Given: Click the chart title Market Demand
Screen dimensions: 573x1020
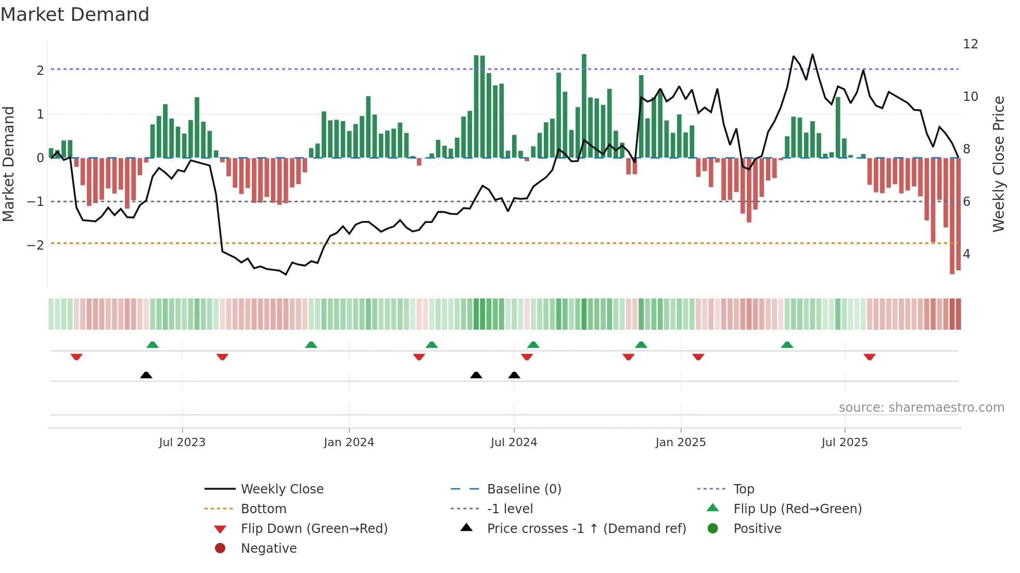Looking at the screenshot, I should (x=75, y=15).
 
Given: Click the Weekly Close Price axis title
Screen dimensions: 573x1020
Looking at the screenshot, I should (x=998, y=164).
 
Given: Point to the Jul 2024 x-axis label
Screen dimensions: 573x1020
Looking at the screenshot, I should (x=514, y=442).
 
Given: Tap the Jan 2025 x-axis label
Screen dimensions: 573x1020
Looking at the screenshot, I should (x=680, y=442).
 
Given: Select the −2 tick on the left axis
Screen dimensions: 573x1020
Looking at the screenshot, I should (x=35, y=245).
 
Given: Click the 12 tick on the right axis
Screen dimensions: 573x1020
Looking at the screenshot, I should (x=971, y=44).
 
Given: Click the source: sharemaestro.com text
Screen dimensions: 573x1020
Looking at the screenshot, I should (x=921, y=408).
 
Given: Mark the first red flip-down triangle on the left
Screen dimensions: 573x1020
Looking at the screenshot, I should (x=76, y=357).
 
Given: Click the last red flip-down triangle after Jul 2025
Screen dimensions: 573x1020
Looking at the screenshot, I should (x=870, y=357).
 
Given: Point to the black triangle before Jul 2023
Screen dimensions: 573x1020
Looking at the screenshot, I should (x=146, y=375).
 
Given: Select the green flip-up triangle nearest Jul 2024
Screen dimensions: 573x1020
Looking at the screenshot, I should (x=533, y=345).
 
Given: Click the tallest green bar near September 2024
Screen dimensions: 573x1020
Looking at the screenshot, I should (x=584, y=104).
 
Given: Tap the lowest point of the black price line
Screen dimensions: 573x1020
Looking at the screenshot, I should (x=286, y=274).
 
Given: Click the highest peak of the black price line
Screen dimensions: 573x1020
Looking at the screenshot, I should (x=812, y=55).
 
